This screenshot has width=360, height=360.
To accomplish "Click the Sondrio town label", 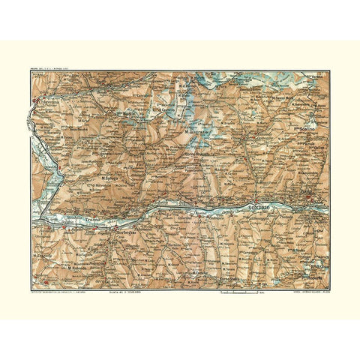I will point(259,205).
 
